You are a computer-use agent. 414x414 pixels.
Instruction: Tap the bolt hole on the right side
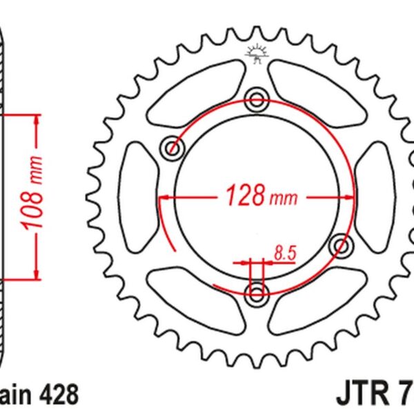[340, 245]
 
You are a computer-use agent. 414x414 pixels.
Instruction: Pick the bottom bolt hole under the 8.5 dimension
[257, 295]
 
